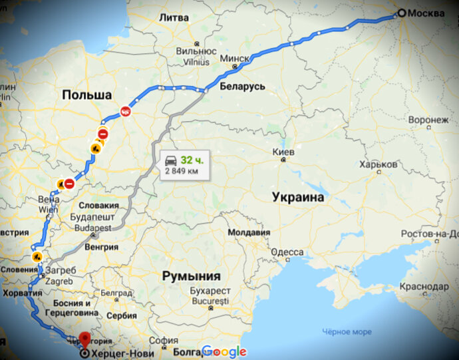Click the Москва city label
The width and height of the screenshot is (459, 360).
pos(426,13)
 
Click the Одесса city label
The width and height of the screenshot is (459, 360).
pos(288,252)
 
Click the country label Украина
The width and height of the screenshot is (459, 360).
pos(298,198)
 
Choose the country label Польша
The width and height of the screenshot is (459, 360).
pos(86,95)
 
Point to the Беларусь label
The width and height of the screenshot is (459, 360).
pos(242,87)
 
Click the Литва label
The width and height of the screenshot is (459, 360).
pos(174,18)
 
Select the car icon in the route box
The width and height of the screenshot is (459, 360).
pos(171,160)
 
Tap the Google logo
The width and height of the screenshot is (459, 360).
pos(224,351)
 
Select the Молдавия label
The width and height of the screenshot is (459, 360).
pos(249,233)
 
